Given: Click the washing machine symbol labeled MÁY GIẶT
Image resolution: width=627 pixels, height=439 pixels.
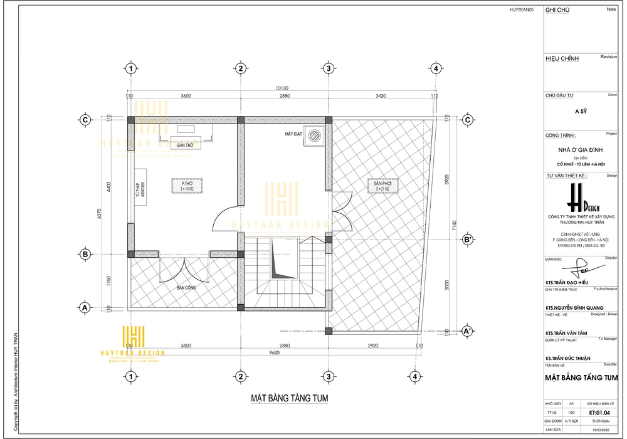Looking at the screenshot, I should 315,137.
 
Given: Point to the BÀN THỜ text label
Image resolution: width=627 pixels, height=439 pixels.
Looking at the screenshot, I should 185,145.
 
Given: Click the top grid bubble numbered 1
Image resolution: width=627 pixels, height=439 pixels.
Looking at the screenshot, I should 130,68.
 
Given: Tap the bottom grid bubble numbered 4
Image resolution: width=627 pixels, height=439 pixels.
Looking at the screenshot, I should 414,376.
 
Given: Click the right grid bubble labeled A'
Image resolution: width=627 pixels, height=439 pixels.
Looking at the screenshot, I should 467,331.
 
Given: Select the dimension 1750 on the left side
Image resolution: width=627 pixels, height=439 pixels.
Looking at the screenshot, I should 108,280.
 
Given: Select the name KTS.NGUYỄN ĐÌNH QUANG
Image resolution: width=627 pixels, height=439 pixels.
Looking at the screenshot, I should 574,307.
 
